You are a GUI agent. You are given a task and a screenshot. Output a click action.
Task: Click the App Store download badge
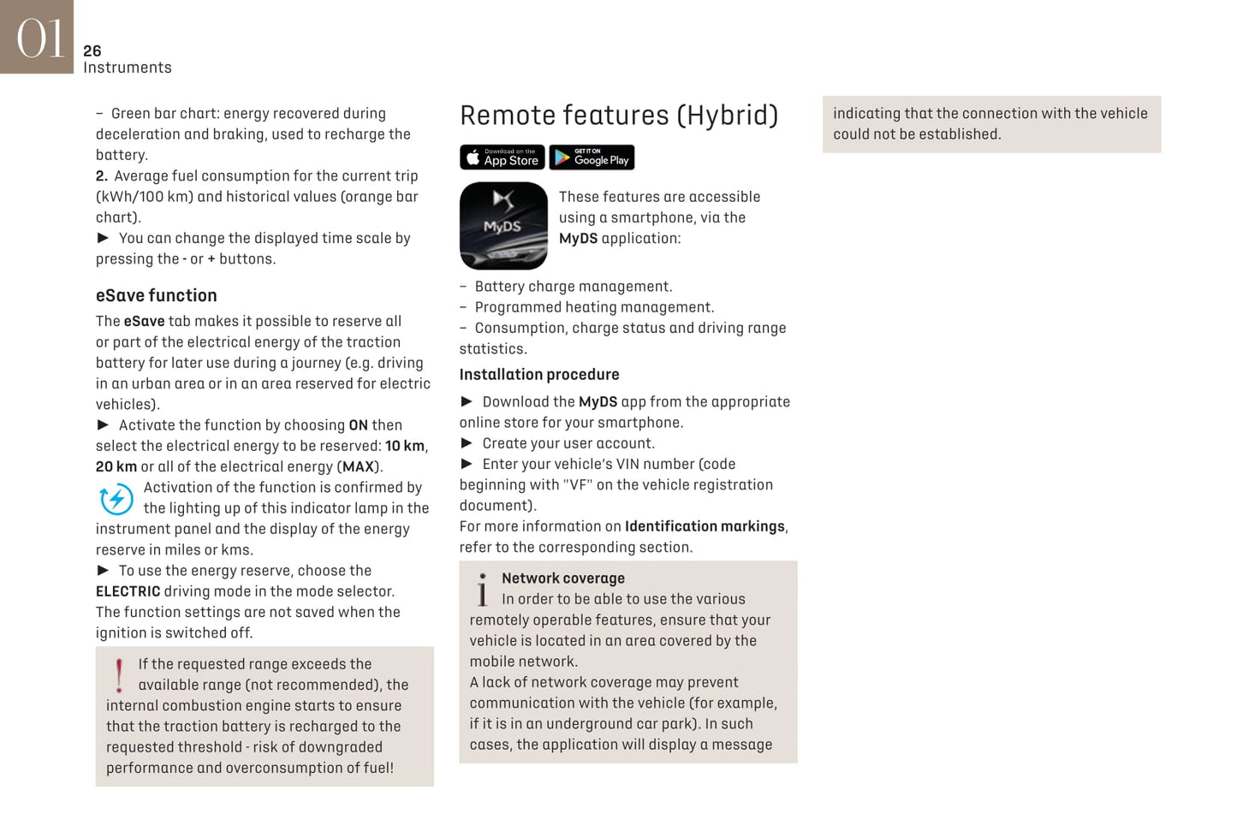[503, 157]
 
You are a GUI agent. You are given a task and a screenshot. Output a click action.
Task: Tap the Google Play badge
[592, 157]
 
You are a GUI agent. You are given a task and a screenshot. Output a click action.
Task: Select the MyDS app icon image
[503, 226]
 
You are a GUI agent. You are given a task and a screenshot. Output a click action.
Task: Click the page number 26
[92, 51]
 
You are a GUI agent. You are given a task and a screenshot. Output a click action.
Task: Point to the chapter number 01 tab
[37, 37]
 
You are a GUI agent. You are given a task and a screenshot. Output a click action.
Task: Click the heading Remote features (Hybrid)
[618, 116]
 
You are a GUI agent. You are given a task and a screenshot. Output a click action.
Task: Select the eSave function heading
[156, 295]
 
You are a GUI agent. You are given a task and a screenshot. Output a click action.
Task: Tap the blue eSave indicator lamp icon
[116, 499]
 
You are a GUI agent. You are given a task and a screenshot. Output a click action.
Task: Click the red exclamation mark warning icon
[119, 674]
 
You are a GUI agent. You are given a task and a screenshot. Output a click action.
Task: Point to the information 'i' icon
[483, 590]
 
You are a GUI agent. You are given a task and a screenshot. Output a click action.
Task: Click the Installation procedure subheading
[538, 375]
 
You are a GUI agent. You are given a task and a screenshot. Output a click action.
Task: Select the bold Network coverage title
[562, 579]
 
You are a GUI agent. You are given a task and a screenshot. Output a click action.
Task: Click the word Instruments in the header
[127, 68]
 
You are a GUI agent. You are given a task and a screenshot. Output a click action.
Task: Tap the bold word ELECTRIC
[128, 591]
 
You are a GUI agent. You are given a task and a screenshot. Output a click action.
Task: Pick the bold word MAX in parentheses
[359, 467]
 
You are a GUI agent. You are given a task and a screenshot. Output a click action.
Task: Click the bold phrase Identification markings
[704, 526]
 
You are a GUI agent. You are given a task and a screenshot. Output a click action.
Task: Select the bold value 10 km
[404, 446]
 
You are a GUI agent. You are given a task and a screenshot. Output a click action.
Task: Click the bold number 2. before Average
[101, 176]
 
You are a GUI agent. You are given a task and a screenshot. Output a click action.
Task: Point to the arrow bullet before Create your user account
[467, 443]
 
